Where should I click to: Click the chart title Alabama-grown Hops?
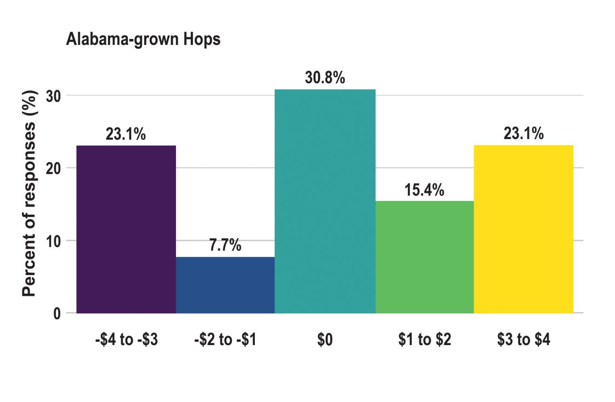(x=143, y=40)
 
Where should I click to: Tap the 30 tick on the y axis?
(x=57, y=96)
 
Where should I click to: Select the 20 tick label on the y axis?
(x=57, y=168)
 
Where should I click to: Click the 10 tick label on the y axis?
(x=57, y=240)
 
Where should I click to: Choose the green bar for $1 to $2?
(x=424, y=257)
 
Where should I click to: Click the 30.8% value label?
(x=325, y=78)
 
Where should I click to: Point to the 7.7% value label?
(x=225, y=246)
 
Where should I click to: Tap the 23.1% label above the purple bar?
(x=126, y=135)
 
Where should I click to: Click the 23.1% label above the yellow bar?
(x=523, y=134)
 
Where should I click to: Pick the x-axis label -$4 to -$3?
(x=126, y=340)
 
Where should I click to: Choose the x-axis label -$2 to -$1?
(x=225, y=340)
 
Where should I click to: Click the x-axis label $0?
(x=324, y=340)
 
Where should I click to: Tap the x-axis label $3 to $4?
(x=523, y=340)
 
